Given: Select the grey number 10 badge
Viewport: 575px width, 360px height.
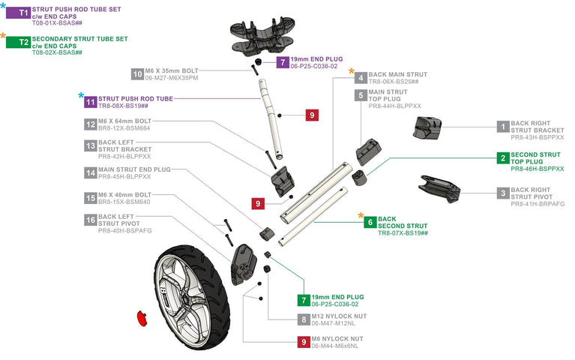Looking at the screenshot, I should tap(137, 73).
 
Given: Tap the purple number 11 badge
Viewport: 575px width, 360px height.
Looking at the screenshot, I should tap(91, 101).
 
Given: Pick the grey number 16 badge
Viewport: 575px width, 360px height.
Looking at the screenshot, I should tap(91, 221).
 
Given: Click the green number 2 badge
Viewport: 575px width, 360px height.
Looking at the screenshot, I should tap(502, 158).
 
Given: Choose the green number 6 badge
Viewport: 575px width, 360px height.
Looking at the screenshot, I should tap(370, 222).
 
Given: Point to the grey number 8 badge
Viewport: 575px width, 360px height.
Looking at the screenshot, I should tap(304, 319).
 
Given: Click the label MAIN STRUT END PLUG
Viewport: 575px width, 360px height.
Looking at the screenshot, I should tap(135, 170).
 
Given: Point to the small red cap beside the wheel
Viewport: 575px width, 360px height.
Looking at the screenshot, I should tap(140, 316).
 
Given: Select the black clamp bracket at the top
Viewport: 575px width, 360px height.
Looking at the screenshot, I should tap(259, 34).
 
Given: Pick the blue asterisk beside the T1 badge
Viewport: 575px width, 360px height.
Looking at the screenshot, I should tap(3, 4).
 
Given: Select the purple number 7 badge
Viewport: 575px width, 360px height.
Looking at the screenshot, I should tap(282, 62).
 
